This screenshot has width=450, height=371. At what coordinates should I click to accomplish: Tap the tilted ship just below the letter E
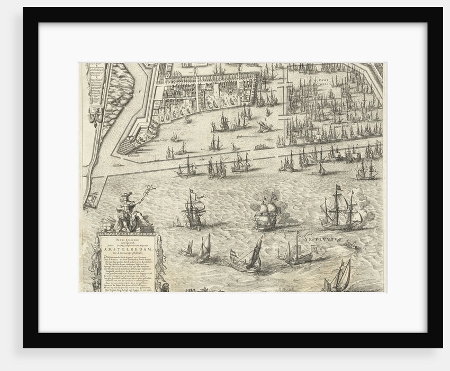coord(265,126)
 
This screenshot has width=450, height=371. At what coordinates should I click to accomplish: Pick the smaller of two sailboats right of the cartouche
coord(189,247)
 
